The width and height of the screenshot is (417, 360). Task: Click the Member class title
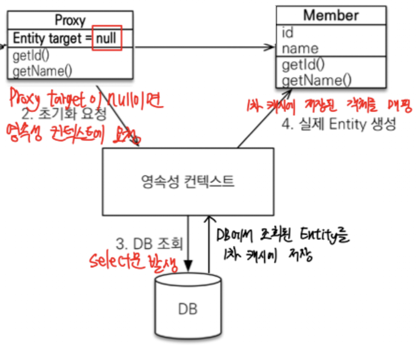coord(331,15)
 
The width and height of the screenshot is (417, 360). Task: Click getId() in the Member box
coord(304,64)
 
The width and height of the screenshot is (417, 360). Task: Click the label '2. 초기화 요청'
coord(66,113)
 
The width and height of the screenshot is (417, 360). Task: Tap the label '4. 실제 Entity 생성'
coord(339,125)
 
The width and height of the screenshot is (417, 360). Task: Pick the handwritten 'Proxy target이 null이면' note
coord(85,99)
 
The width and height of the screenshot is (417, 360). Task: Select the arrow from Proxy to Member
coord(200,46)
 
